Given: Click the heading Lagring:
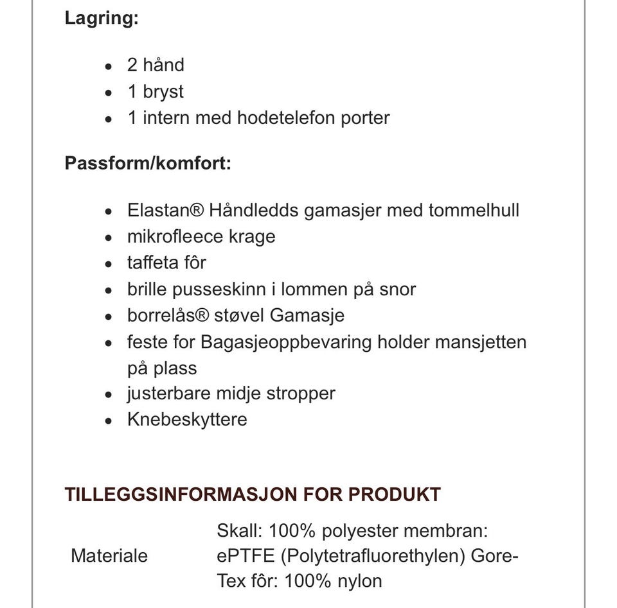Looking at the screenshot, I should (x=101, y=18).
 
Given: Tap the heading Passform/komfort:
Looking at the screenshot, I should (x=147, y=163).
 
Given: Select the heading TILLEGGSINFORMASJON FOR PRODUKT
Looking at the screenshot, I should (x=253, y=494).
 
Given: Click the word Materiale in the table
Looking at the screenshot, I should (x=109, y=555).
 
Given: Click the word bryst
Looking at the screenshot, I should (x=163, y=92).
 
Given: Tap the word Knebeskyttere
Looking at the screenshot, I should (x=187, y=419).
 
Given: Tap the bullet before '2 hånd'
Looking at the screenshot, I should (x=109, y=66).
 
